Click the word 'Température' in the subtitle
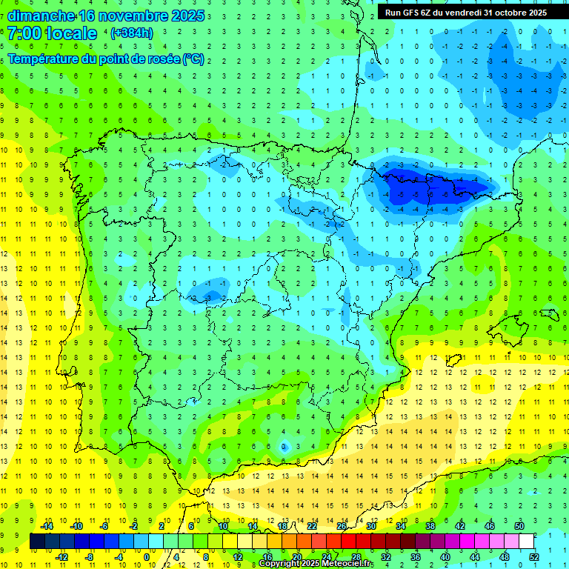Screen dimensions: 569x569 tap(47, 59)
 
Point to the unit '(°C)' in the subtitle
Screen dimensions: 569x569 tap(193, 59)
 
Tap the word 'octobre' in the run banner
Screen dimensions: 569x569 tap(513, 13)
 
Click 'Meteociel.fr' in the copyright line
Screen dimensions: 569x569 tap(342, 564)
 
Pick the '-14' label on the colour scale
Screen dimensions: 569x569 tap(47, 526)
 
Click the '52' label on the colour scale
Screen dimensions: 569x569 tap(534, 557)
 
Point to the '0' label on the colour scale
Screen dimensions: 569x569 tap(147, 557)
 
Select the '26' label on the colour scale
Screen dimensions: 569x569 tap(342, 526)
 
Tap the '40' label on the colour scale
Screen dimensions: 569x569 tap(445, 557)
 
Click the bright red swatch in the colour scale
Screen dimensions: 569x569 tap(349, 542)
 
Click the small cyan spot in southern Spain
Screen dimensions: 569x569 tap(284, 447)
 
